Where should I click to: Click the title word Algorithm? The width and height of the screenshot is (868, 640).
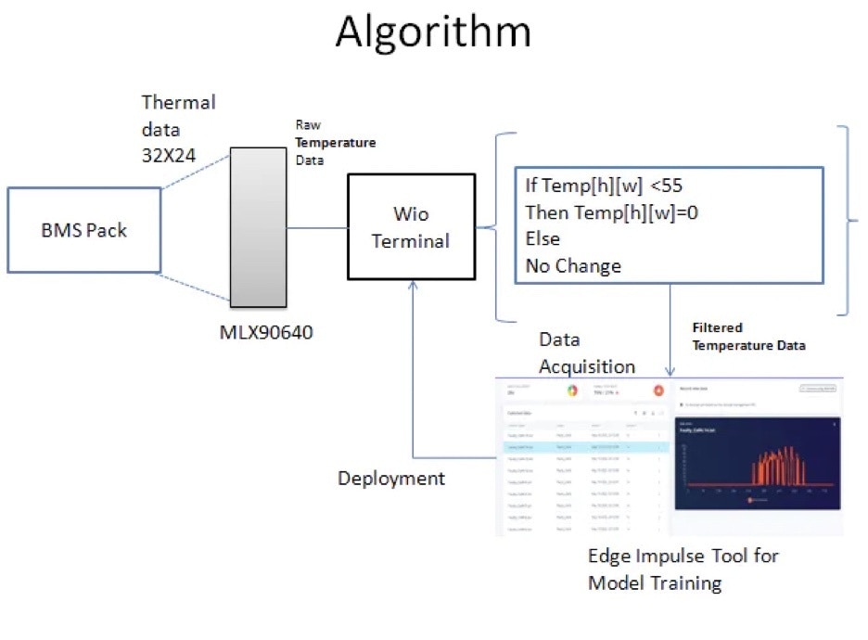tap(433, 32)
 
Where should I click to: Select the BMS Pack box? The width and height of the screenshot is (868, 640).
tap(83, 230)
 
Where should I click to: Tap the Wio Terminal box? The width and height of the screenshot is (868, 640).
tap(410, 226)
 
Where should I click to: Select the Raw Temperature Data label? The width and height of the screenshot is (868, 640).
tap(335, 144)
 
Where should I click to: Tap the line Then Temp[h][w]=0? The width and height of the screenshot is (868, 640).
tap(611, 211)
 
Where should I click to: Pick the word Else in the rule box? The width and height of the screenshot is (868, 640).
tap(542, 238)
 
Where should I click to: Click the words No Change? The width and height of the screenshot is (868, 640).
tap(573, 266)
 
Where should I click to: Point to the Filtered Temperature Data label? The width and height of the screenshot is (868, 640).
tap(748, 337)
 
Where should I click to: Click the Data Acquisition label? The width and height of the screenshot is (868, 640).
tap(587, 353)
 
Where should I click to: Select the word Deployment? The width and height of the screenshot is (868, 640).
tap(390, 479)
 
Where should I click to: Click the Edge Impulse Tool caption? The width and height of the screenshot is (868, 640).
tap(683, 570)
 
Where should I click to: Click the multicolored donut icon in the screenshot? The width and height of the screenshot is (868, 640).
tap(573, 390)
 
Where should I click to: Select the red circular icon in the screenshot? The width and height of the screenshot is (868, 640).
tap(658, 390)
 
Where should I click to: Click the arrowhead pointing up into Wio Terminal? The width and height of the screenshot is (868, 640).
tap(411, 287)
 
